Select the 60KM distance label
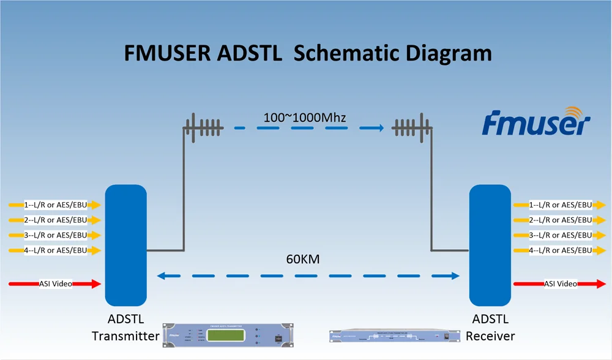tap(303, 260)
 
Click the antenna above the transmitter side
tap(204, 128)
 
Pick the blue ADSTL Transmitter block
tap(125, 245)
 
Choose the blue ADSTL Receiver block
tap(490, 245)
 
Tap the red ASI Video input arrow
tap(55, 283)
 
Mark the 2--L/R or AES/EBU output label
tap(560, 220)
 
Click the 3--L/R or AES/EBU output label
tap(560, 235)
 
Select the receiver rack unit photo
tap(389, 336)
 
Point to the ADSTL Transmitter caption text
tap(125, 328)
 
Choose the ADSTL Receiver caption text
tap(490, 328)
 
